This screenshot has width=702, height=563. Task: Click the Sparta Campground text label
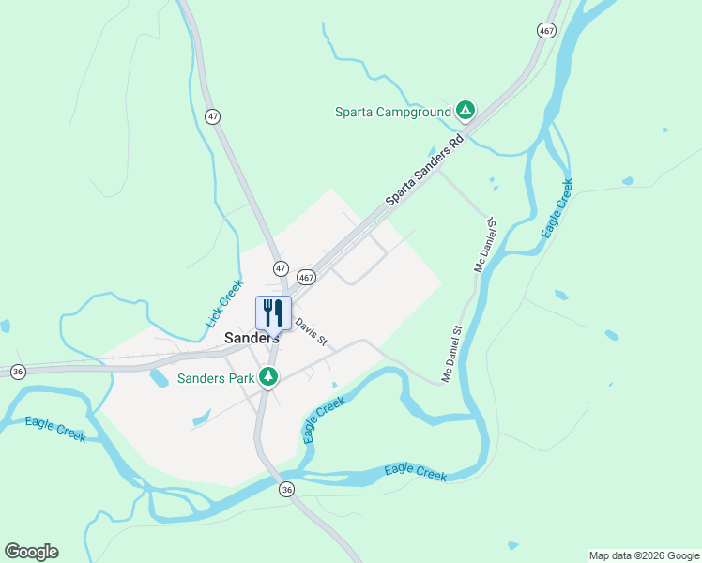pyautogui.click(x=392, y=112)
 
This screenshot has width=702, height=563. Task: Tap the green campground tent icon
pyautogui.click(x=465, y=111)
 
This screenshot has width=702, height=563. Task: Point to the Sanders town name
pyautogui.click(x=252, y=338)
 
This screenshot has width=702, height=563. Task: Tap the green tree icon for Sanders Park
pyautogui.click(x=269, y=377)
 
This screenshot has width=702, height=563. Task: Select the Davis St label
pyautogui.click(x=311, y=330)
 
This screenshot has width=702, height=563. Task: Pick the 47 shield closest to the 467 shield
pyautogui.click(x=280, y=267)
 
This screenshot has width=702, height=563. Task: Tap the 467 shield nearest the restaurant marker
pyautogui.click(x=306, y=278)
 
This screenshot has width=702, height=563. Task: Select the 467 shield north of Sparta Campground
pyautogui.click(x=546, y=30)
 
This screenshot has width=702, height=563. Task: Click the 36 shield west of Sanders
pyautogui.click(x=18, y=372)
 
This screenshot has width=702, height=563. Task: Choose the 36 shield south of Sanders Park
pyautogui.click(x=287, y=489)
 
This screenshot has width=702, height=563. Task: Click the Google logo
pyautogui.click(x=31, y=551)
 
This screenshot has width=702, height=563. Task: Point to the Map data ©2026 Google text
pyautogui.click(x=643, y=555)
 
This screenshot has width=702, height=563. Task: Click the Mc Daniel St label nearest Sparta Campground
pyautogui.click(x=485, y=243)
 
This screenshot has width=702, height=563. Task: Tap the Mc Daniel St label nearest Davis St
pyautogui.click(x=453, y=354)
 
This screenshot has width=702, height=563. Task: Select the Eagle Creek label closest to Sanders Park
pyautogui.click(x=324, y=419)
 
